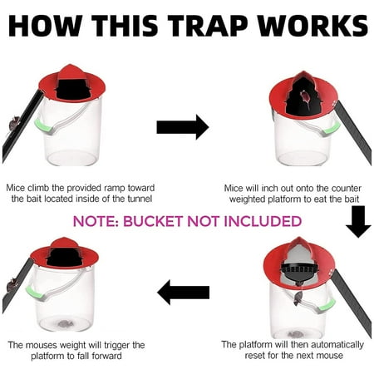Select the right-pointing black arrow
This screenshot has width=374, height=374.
pos(182,127)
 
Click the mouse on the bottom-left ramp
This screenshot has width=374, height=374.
pos(12,286)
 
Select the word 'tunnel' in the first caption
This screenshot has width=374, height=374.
pos(133,199)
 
